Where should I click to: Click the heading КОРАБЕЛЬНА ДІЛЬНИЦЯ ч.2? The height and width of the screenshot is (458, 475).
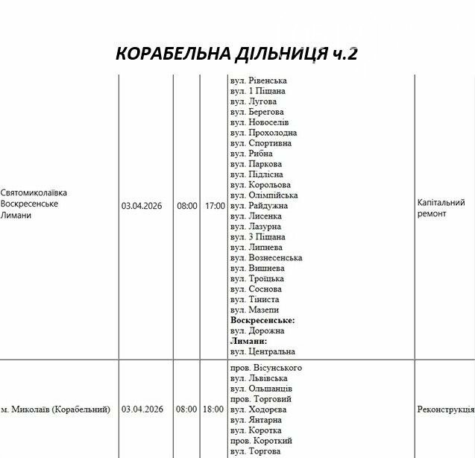click(237, 54)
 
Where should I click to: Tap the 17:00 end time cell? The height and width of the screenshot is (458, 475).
click(215, 205)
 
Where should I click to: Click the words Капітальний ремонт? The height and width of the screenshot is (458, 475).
click(441, 208)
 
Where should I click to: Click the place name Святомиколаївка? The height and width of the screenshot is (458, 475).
click(34, 192)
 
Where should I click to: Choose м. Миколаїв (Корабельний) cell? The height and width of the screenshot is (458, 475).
click(55, 410)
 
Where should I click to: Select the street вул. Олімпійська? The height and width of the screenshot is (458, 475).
click(264, 195)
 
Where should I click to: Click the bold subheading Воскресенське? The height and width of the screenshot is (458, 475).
click(262, 320)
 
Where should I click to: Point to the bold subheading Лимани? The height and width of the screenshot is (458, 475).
click(248, 341)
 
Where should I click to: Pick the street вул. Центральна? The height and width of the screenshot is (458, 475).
click(262, 351)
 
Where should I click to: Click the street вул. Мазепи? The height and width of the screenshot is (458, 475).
click(254, 310)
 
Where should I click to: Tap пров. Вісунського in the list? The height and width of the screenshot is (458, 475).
click(265, 368)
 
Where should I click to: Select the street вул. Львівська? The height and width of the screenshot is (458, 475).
click(259, 378)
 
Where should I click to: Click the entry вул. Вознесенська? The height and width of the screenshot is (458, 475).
click(266, 257)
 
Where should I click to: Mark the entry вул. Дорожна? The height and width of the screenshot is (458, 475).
click(257, 330)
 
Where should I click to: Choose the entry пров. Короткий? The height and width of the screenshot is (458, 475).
click(261, 441)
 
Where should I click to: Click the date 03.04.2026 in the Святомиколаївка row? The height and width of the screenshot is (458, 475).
click(142, 205)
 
